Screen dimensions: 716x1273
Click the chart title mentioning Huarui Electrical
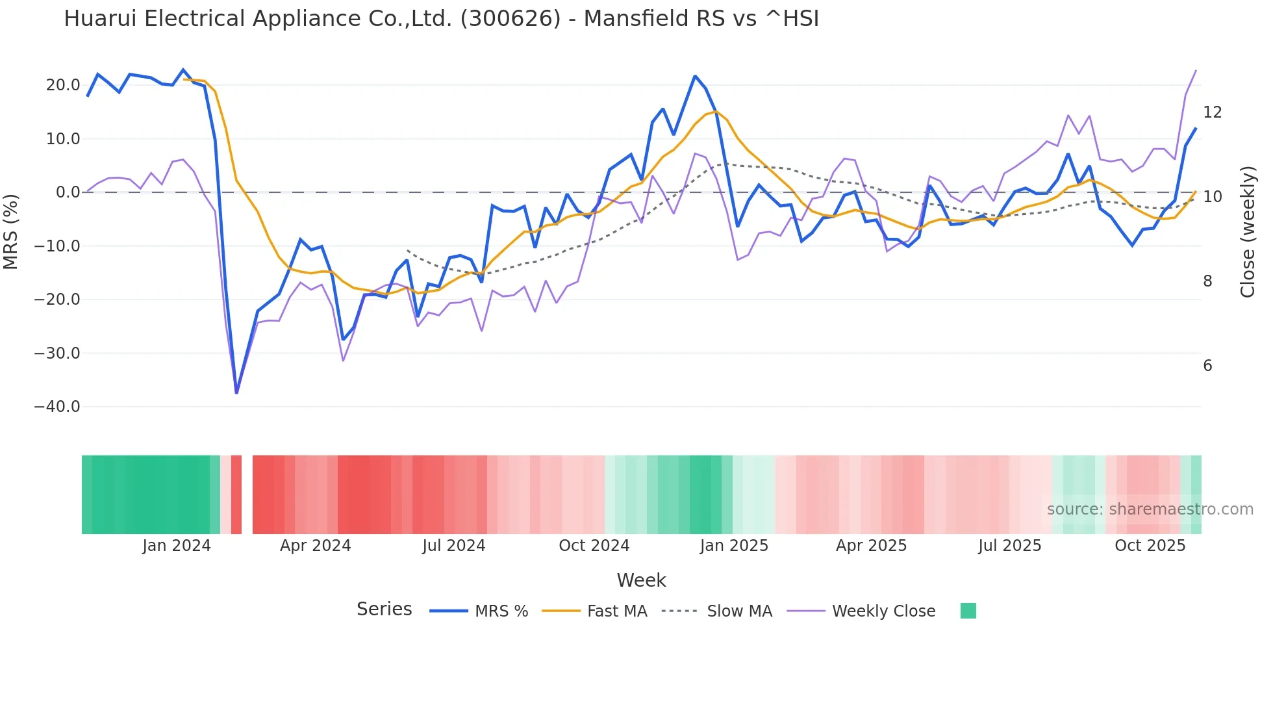tap(441, 19)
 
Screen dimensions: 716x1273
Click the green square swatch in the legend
tap(968, 611)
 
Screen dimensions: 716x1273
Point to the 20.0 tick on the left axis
tap(63, 85)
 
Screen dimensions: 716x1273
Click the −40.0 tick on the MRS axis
tap(57, 407)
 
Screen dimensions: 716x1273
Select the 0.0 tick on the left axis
tap(68, 192)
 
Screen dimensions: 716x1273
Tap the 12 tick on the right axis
tap(1212, 112)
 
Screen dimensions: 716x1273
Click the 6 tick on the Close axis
tap(1207, 366)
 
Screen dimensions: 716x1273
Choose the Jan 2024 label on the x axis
tap(177, 546)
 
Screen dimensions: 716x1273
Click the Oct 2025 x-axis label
tap(1150, 546)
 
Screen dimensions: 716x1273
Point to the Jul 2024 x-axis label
tap(453, 546)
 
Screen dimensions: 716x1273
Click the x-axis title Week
tap(641, 580)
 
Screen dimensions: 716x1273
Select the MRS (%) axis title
tap(10, 232)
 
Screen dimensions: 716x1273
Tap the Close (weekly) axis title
tap(1247, 232)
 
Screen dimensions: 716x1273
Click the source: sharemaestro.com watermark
tap(1150, 509)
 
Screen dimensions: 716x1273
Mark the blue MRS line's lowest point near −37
tap(236, 392)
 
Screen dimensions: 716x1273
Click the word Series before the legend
tap(384, 609)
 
